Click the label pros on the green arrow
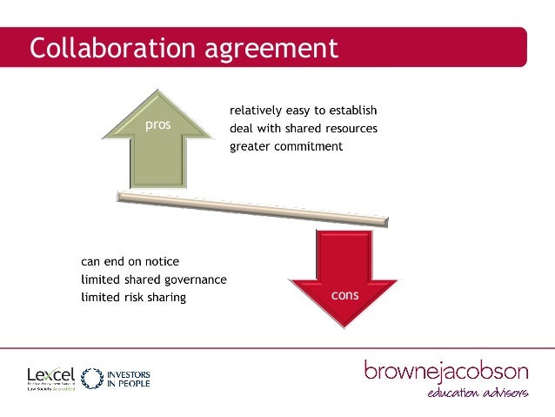tap(158, 124)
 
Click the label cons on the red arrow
tap(345, 295)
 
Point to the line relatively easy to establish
tap(303, 111)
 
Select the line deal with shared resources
tap(303, 129)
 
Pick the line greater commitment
tap(286, 146)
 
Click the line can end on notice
tap(130, 261)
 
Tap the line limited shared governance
tap(154, 279)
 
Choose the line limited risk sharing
tap(133, 297)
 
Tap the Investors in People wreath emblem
tap(91, 377)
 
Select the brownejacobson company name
tap(446, 372)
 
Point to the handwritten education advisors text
tap(477, 395)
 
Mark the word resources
tap(346, 129)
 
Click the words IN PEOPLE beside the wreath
tap(128, 383)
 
